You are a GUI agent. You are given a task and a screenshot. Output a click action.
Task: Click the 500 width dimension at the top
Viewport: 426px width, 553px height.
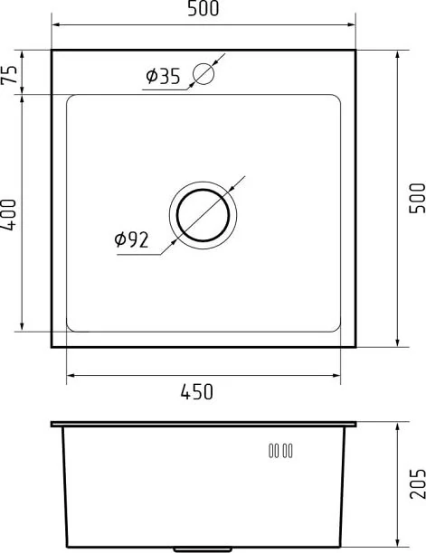203,8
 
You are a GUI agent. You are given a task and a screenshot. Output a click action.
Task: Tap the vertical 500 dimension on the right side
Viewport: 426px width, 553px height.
417,198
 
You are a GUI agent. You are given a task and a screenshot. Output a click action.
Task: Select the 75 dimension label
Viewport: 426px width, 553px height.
10,74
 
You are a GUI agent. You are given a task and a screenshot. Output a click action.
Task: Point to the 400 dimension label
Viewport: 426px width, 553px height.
8,215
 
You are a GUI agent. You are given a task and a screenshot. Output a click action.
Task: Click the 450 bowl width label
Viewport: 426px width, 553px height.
197,391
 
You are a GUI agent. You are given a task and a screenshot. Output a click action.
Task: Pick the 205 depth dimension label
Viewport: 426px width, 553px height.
417,483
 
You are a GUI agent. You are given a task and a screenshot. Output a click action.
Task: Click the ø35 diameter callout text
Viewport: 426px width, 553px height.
163,76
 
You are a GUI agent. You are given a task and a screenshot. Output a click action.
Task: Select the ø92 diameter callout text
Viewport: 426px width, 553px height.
132,239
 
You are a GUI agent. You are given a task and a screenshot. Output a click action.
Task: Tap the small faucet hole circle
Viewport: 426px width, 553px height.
204,73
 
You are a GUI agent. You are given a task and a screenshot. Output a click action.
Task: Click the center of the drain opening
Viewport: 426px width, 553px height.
203,215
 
